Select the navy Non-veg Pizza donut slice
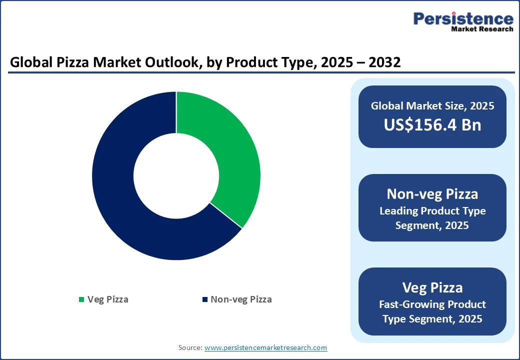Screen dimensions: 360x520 (125, 200)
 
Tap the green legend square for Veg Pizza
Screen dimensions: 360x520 (81, 299)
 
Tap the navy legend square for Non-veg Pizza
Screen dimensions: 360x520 (204, 299)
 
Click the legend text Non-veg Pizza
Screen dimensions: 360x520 (241, 299)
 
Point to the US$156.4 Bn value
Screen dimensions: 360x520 (432, 124)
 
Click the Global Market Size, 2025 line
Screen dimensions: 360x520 (432, 106)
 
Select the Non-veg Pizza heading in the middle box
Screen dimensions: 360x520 (432, 193)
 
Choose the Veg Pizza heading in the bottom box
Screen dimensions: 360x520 (432, 287)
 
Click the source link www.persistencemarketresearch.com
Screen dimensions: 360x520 (265, 347)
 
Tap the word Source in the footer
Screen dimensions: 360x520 (190, 347)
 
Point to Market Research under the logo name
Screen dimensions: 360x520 (482, 29)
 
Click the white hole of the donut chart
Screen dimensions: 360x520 (176, 175)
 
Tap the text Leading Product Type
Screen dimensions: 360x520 (432, 211)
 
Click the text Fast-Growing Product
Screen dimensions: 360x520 (432, 304)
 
